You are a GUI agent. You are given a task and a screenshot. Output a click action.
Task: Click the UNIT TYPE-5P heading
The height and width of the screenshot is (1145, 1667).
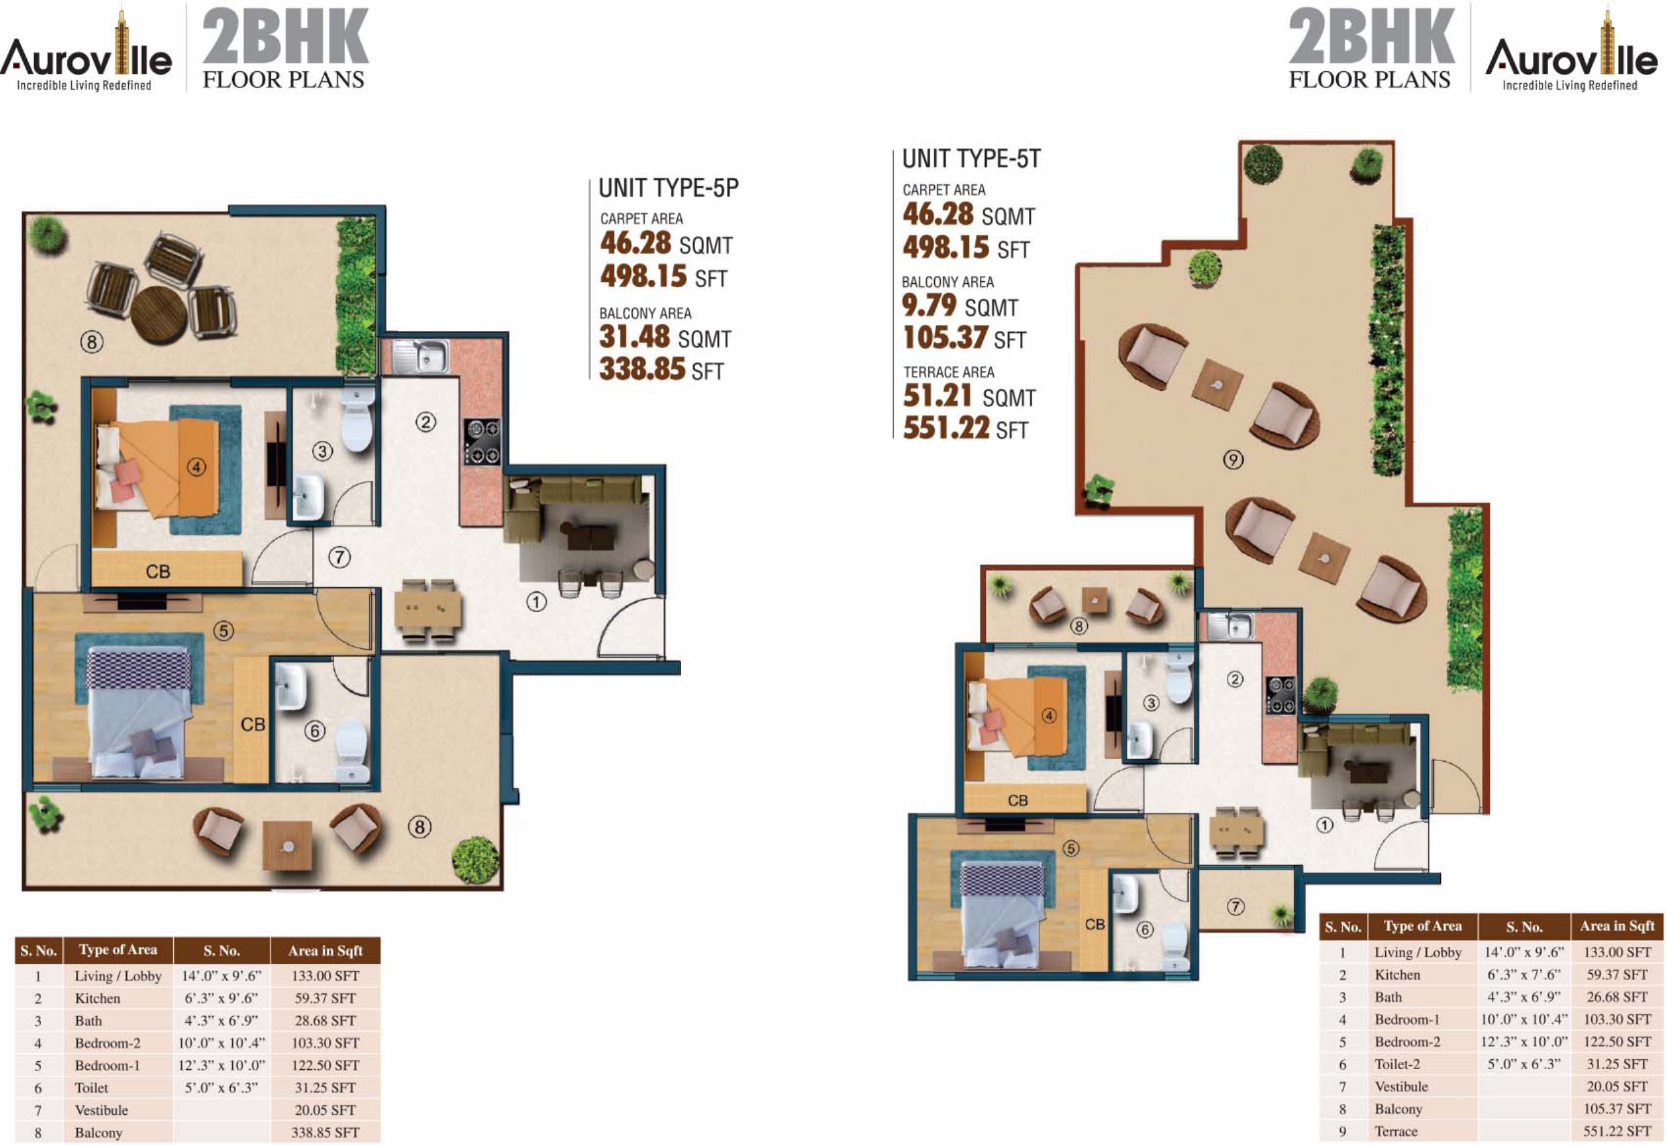668,188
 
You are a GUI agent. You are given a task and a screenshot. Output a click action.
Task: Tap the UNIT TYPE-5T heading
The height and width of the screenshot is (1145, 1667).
971,158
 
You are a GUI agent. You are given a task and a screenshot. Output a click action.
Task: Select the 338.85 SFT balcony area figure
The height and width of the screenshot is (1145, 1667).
662,369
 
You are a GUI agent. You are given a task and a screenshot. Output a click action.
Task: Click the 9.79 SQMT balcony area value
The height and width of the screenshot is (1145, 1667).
960,305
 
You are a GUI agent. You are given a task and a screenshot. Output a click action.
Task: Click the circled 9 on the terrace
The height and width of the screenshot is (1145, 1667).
1232,459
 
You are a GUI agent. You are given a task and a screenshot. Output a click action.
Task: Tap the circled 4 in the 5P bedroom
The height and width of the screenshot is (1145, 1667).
197,468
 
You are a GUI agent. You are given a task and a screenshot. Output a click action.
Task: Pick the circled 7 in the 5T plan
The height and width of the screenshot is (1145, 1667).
1235,907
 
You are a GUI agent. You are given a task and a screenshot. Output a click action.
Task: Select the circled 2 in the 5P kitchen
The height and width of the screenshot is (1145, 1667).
426,422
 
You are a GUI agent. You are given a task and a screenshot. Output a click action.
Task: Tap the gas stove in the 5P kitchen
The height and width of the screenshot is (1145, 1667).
482,442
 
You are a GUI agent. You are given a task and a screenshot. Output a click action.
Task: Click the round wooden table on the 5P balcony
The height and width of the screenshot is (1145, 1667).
160,315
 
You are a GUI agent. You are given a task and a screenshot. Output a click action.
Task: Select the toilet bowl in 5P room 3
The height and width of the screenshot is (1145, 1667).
356,419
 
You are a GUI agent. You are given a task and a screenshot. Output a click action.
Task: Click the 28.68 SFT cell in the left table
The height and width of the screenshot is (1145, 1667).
326,1020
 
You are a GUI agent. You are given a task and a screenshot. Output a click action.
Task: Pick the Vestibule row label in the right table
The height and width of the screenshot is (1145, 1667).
1401,1087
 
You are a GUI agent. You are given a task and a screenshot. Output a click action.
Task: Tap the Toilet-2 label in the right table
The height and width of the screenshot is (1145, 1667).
1397,1065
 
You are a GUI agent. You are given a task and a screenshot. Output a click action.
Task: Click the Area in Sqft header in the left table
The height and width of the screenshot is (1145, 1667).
326,951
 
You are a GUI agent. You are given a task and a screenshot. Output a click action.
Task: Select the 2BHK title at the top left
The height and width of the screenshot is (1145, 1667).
286,36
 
